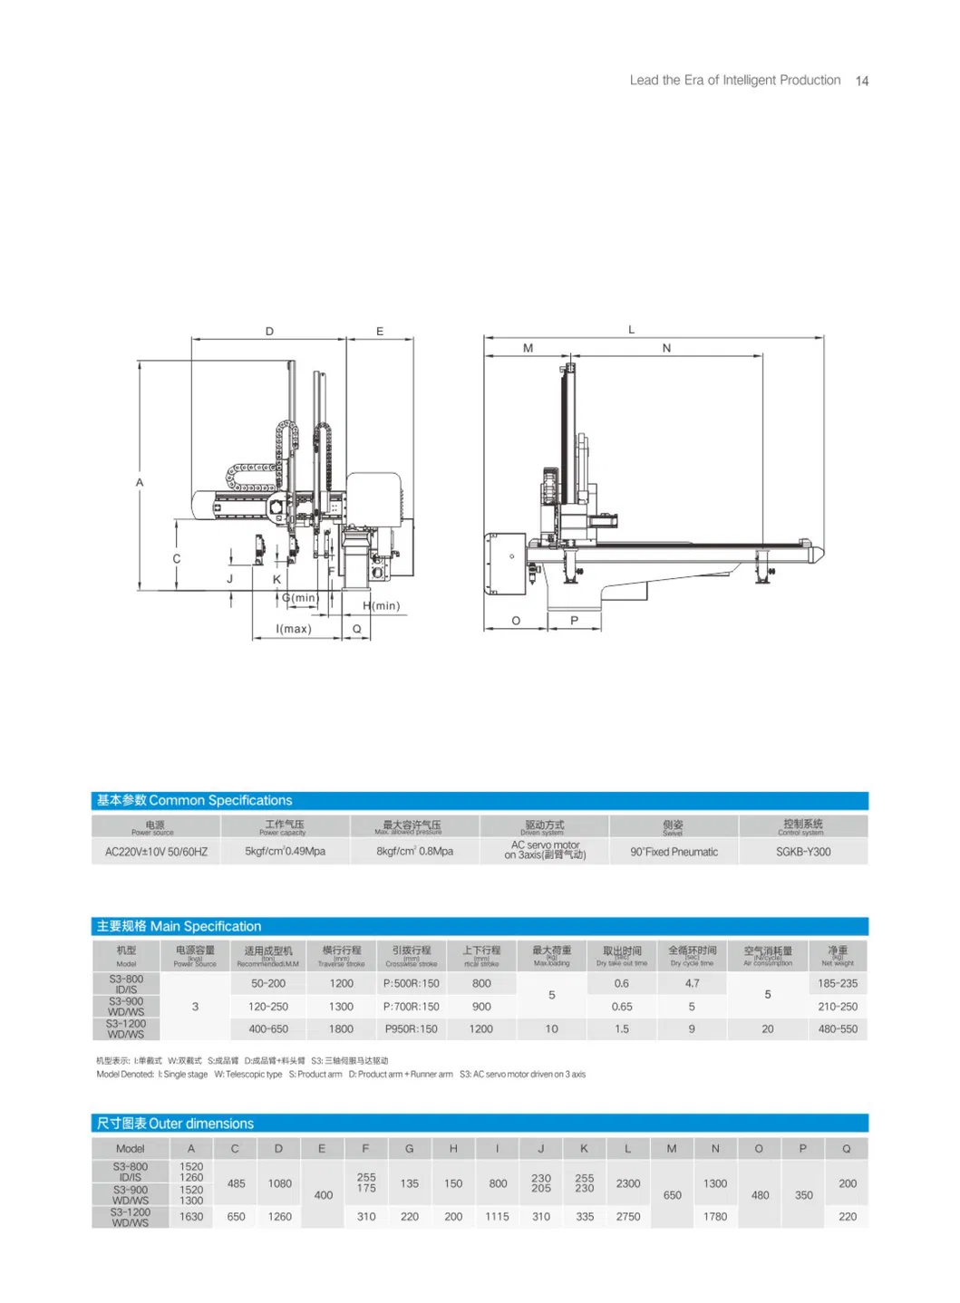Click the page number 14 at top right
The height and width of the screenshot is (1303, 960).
pos(861,81)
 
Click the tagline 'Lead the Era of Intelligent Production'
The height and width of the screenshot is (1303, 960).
pos(734,81)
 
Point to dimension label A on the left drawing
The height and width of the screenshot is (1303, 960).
pos(140,483)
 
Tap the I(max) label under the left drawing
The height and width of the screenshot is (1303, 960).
pos(294,629)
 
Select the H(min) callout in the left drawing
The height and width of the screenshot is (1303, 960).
pos(381,605)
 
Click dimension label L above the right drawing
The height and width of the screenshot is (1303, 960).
pos(632,330)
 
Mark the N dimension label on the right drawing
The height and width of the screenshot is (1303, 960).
pos(666,348)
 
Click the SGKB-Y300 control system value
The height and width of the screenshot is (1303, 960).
pos(802,852)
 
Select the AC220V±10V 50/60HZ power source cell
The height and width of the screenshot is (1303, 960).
pos(156,852)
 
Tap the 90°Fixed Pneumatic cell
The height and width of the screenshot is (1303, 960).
pos(674,852)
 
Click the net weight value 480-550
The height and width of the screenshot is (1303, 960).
pos(837,1029)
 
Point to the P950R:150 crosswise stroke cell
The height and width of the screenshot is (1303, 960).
pos(411,1029)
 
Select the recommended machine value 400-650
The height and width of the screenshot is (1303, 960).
pos(268,1029)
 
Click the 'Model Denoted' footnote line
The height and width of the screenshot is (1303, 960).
pos(341,1075)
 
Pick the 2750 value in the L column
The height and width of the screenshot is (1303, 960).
pos(627,1217)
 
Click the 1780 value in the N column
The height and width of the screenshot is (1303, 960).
pos(714,1217)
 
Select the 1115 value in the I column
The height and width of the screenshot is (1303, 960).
pos(497,1217)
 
